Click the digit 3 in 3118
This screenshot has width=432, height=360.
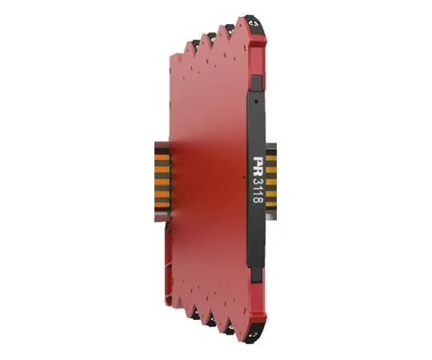(258, 182)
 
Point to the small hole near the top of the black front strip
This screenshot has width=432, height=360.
(257, 101)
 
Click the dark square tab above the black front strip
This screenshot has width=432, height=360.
(257, 83)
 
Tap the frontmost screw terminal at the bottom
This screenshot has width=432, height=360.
(257, 335)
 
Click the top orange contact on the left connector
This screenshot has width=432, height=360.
(162, 158)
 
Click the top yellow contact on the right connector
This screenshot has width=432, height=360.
(271, 158)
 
